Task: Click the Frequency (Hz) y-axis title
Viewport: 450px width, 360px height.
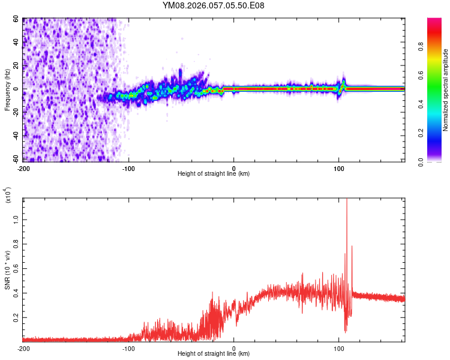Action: point(7,89)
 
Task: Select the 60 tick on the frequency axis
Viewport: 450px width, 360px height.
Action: point(17,19)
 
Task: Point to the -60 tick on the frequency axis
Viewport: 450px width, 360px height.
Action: point(16,160)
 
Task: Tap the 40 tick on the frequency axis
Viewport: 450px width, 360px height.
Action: point(17,43)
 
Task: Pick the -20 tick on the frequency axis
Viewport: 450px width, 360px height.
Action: point(16,113)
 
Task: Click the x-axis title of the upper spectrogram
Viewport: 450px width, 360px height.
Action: point(214,174)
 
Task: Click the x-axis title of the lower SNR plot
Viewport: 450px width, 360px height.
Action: point(214,354)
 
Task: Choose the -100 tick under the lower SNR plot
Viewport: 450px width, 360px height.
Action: point(129,348)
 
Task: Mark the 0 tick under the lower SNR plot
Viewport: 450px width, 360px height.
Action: point(234,348)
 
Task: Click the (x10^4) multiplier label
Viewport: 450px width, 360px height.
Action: point(8,194)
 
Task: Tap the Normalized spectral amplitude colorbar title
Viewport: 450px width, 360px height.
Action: point(445,90)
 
